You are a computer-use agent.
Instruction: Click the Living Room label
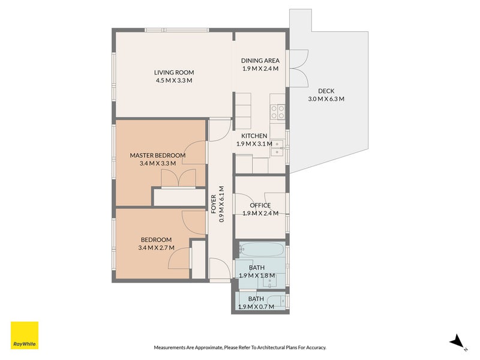click(174, 73)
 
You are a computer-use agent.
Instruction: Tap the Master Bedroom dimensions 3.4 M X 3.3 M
click(158, 163)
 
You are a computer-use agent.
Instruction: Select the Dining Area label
click(260, 61)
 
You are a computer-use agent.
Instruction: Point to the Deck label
click(326, 91)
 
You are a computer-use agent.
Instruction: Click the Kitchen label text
click(254, 136)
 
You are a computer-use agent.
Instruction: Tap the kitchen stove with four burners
click(278, 112)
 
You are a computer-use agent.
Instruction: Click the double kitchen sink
click(277, 148)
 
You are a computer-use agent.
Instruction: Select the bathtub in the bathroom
click(262, 249)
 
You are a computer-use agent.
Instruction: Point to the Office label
click(260, 205)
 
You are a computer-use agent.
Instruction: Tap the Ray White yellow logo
click(25, 335)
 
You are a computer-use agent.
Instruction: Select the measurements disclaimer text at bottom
click(239, 347)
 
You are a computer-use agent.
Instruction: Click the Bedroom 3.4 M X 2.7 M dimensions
click(156, 248)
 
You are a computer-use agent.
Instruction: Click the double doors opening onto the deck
click(299, 68)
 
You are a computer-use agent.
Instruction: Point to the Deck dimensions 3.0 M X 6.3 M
click(326, 99)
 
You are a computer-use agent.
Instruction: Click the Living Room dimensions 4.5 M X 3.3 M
click(174, 80)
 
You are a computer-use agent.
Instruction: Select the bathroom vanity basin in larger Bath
click(270, 281)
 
